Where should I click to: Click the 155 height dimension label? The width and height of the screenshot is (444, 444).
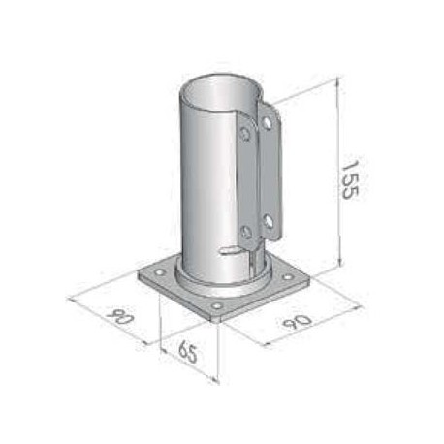[350, 179]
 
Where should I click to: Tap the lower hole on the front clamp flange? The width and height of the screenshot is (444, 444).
[247, 232]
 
